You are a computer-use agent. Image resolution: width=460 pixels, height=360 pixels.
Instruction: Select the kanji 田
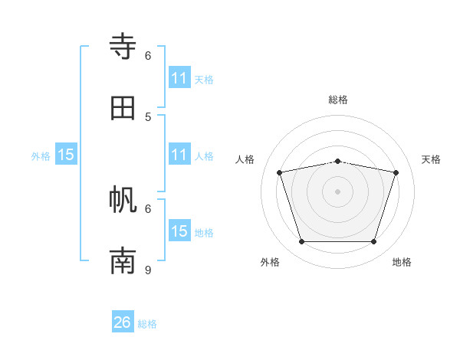tap(123, 108)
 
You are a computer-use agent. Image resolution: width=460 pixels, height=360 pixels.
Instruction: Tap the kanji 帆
tap(123, 200)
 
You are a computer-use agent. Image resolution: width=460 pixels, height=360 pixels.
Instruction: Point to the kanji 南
tap(123, 261)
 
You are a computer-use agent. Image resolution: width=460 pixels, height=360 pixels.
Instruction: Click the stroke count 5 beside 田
tap(148, 116)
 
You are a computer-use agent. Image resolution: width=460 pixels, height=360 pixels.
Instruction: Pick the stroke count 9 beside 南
tap(148, 270)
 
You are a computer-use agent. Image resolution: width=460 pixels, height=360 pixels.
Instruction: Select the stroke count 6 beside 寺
tap(148, 55)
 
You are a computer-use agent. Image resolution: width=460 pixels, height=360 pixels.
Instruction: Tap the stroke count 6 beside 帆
tap(148, 208)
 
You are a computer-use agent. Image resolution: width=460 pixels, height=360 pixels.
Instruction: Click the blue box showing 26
tap(123, 322)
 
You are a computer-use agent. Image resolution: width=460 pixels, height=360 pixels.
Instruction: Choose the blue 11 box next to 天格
tap(179, 78)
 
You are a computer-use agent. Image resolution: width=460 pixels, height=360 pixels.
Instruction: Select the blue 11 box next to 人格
tap(179, 155)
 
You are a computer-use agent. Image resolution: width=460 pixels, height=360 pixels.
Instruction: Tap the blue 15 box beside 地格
tap(179, 231)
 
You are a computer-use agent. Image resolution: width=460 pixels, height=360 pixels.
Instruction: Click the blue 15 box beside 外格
tap(66, 155)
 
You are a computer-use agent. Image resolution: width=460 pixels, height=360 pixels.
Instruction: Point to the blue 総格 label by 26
tap(147, 324)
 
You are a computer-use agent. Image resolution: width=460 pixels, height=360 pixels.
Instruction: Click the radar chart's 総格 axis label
tap(338, 100)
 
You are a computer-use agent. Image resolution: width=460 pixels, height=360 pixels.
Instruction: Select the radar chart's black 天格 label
tap(432, 159)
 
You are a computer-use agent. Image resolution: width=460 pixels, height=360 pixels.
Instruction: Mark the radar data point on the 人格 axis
tap(280, 173)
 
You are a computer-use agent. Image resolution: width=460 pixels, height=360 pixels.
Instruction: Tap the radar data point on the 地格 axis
tap(373, 241)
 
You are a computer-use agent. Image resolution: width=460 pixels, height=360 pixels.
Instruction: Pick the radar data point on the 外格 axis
tap(301, 241)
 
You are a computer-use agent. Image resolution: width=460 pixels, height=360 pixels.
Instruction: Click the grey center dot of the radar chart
tap(337, 191)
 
